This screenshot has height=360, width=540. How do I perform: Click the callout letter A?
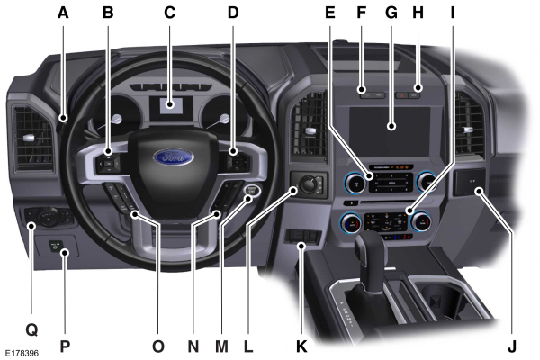62,13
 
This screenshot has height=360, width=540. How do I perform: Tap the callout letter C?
168,13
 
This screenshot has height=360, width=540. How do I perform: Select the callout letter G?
390,13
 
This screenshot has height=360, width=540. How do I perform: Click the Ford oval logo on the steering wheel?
172,158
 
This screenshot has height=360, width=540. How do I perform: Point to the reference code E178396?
22,352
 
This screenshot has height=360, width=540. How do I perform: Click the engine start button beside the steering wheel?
253,192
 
